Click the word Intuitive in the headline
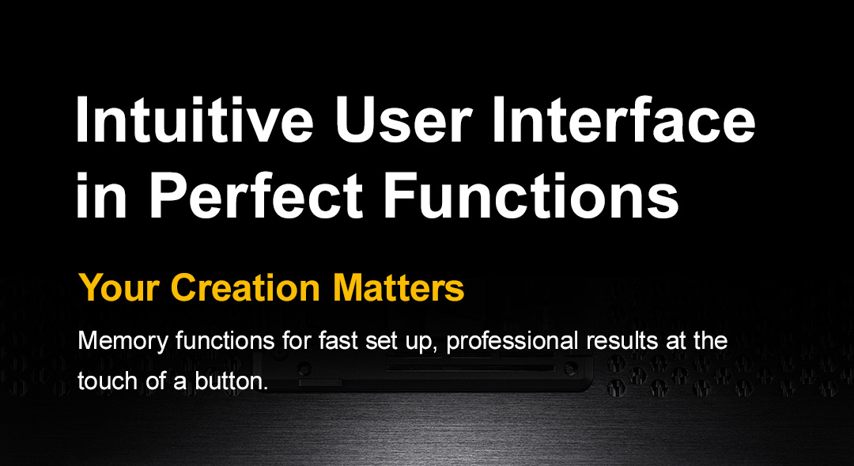(x=195, y=120)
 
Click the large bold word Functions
(x=532, y=195)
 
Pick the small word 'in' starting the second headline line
(x=101, y=195)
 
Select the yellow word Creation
(x=245, y=288)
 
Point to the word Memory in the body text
(x=123, y=342)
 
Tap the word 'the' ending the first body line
(x=711, y=341)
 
